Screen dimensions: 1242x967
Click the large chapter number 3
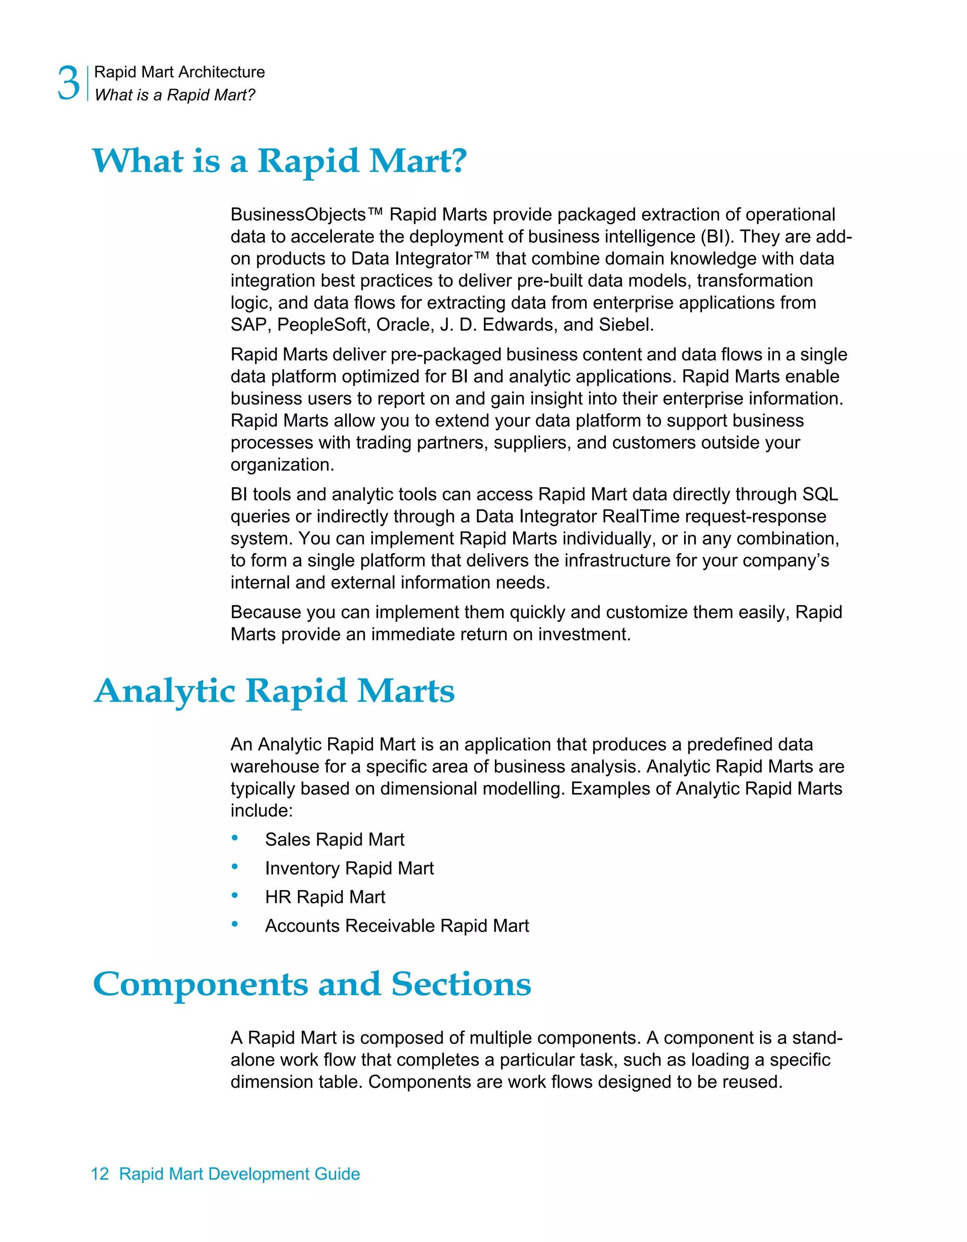68,83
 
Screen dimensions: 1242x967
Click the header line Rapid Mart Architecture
179,72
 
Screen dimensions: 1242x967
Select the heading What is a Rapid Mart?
279,161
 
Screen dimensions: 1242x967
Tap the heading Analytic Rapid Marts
274,692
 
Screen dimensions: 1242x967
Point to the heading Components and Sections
312,984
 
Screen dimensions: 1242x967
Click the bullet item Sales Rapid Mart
335,839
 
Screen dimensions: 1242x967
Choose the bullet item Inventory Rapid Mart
349,868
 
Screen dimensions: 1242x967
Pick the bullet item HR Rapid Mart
325,897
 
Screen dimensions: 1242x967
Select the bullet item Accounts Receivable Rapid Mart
397,926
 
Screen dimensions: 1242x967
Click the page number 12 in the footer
100,1174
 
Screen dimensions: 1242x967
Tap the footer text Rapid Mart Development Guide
239,1174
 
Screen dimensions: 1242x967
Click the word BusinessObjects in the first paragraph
297,215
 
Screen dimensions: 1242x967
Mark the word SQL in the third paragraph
820,494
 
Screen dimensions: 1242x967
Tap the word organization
282,465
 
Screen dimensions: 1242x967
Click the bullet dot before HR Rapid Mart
235,896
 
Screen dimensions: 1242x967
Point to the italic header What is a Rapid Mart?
175,95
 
